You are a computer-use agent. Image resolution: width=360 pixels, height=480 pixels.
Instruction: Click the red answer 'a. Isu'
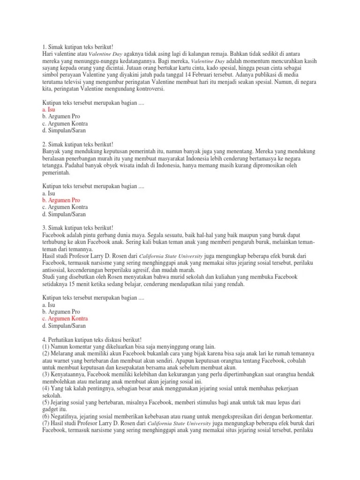(49, 109)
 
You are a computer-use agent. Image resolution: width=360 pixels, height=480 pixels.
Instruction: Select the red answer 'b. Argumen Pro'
(61, 200)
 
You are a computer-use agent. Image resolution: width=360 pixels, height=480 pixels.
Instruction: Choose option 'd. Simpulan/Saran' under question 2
(64, 214)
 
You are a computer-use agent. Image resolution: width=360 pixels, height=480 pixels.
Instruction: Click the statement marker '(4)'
(46, 388)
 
